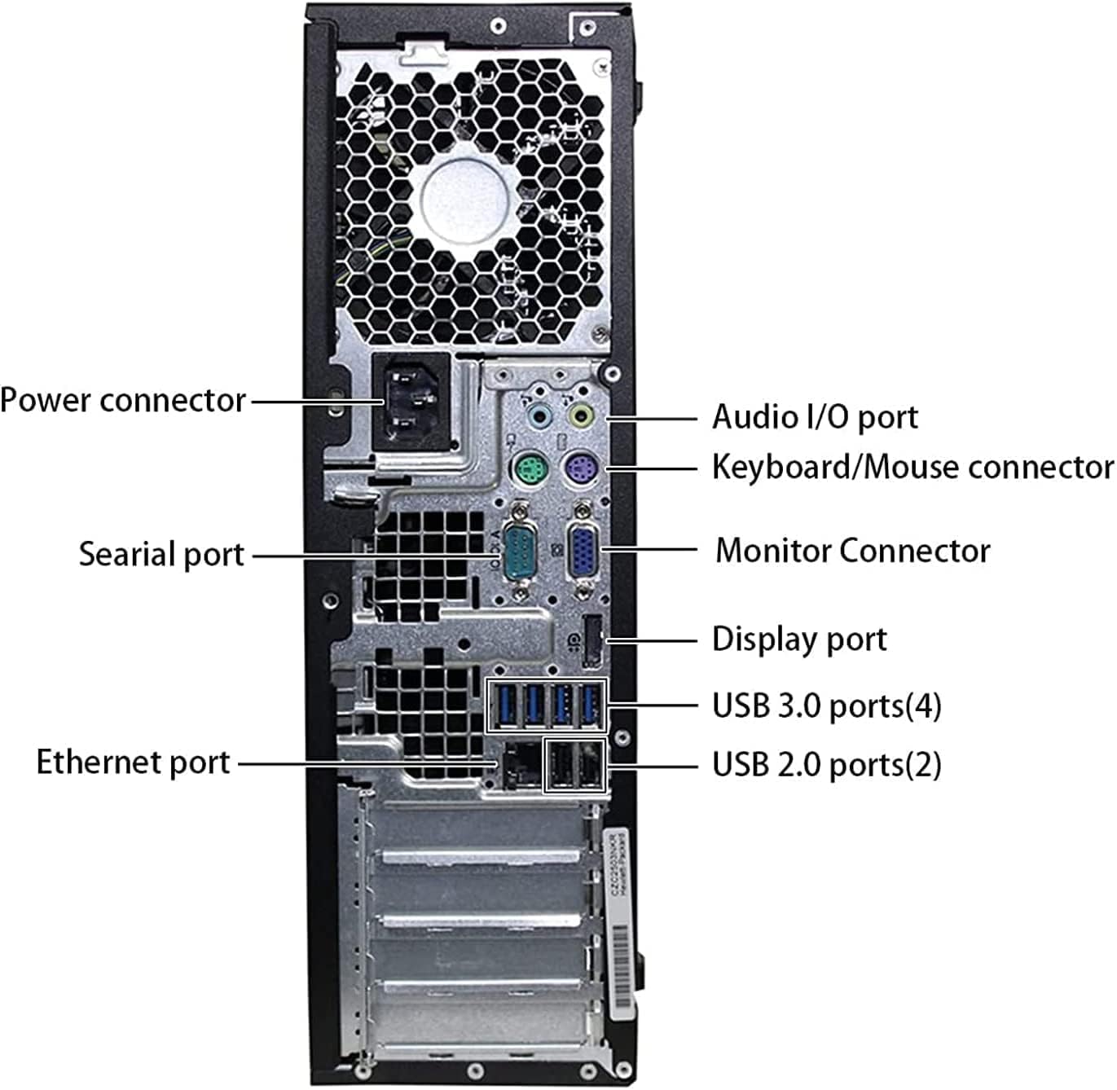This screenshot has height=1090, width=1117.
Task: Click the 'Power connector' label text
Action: (x=122, y=400)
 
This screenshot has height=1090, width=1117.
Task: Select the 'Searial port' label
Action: (x=161, y=554)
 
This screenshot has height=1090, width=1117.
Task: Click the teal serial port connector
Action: (x=517, y=552)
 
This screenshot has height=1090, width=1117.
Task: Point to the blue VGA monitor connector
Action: (x=583, y=551)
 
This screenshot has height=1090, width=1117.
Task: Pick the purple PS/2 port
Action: (x=580, y=469)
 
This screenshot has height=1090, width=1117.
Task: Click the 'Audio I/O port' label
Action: (x=815, y=417)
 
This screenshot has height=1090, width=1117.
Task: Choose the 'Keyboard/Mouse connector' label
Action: (x=912, y=467)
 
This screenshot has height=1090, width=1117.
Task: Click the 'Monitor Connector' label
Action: (x=852, y=551)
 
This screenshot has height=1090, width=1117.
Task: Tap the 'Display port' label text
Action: (x=799, y=639)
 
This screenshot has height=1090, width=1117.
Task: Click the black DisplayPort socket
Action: (x=593, y=639)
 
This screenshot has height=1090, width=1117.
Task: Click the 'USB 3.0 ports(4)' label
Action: (x=826, y=705)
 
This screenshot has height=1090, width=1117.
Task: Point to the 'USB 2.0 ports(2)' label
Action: (x=826, y=765)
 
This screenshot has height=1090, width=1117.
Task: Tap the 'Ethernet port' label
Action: (x=134, y=763)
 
